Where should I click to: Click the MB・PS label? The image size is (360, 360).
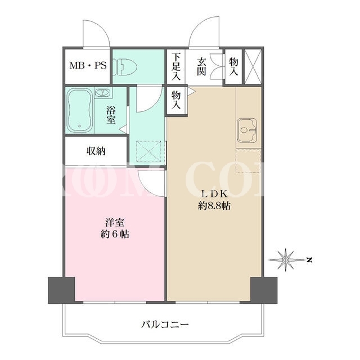pyautogui.click(x=88, y=66)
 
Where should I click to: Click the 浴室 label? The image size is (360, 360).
pyautogui.click(x=111, y=116)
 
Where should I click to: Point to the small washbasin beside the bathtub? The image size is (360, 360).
pyautogui.click(x=102, y=93)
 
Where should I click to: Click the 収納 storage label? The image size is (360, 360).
pyautogui.click(x=96, y=151)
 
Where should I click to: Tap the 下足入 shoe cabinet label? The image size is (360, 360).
pyautogui.click(x=177, y=66)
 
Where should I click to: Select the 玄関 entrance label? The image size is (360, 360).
pyautogui.click(x=201, y=67)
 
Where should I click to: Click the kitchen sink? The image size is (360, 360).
pyautogui.click(x=246, y=130)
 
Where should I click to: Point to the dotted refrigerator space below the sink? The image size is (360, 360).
pyautogui.click(x=248, y=161)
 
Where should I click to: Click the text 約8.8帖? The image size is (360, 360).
pyautogui.click(x=214, y=205)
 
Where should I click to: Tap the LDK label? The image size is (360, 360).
pyautogui.click(x=214, y=194)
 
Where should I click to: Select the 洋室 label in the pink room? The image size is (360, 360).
pyautogui.click(x=115, y=223)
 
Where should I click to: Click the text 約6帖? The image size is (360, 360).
pyautogui.click(x=115, y=234)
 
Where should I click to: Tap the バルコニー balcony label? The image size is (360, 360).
pyautogui.click(x=165, y=325)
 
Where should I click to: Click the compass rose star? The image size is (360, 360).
pyautogui.click(x=285, y=260)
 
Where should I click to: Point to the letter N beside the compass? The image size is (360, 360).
pyautogui.click(x=310, y=260)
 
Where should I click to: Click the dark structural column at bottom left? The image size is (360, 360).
pyautogui.click(x=61, y=290)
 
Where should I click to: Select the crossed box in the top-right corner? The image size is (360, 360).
pyautogui.click(x=253, y=67)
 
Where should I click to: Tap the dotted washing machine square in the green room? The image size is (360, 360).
pyautogui.click(x=149, y=151)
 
